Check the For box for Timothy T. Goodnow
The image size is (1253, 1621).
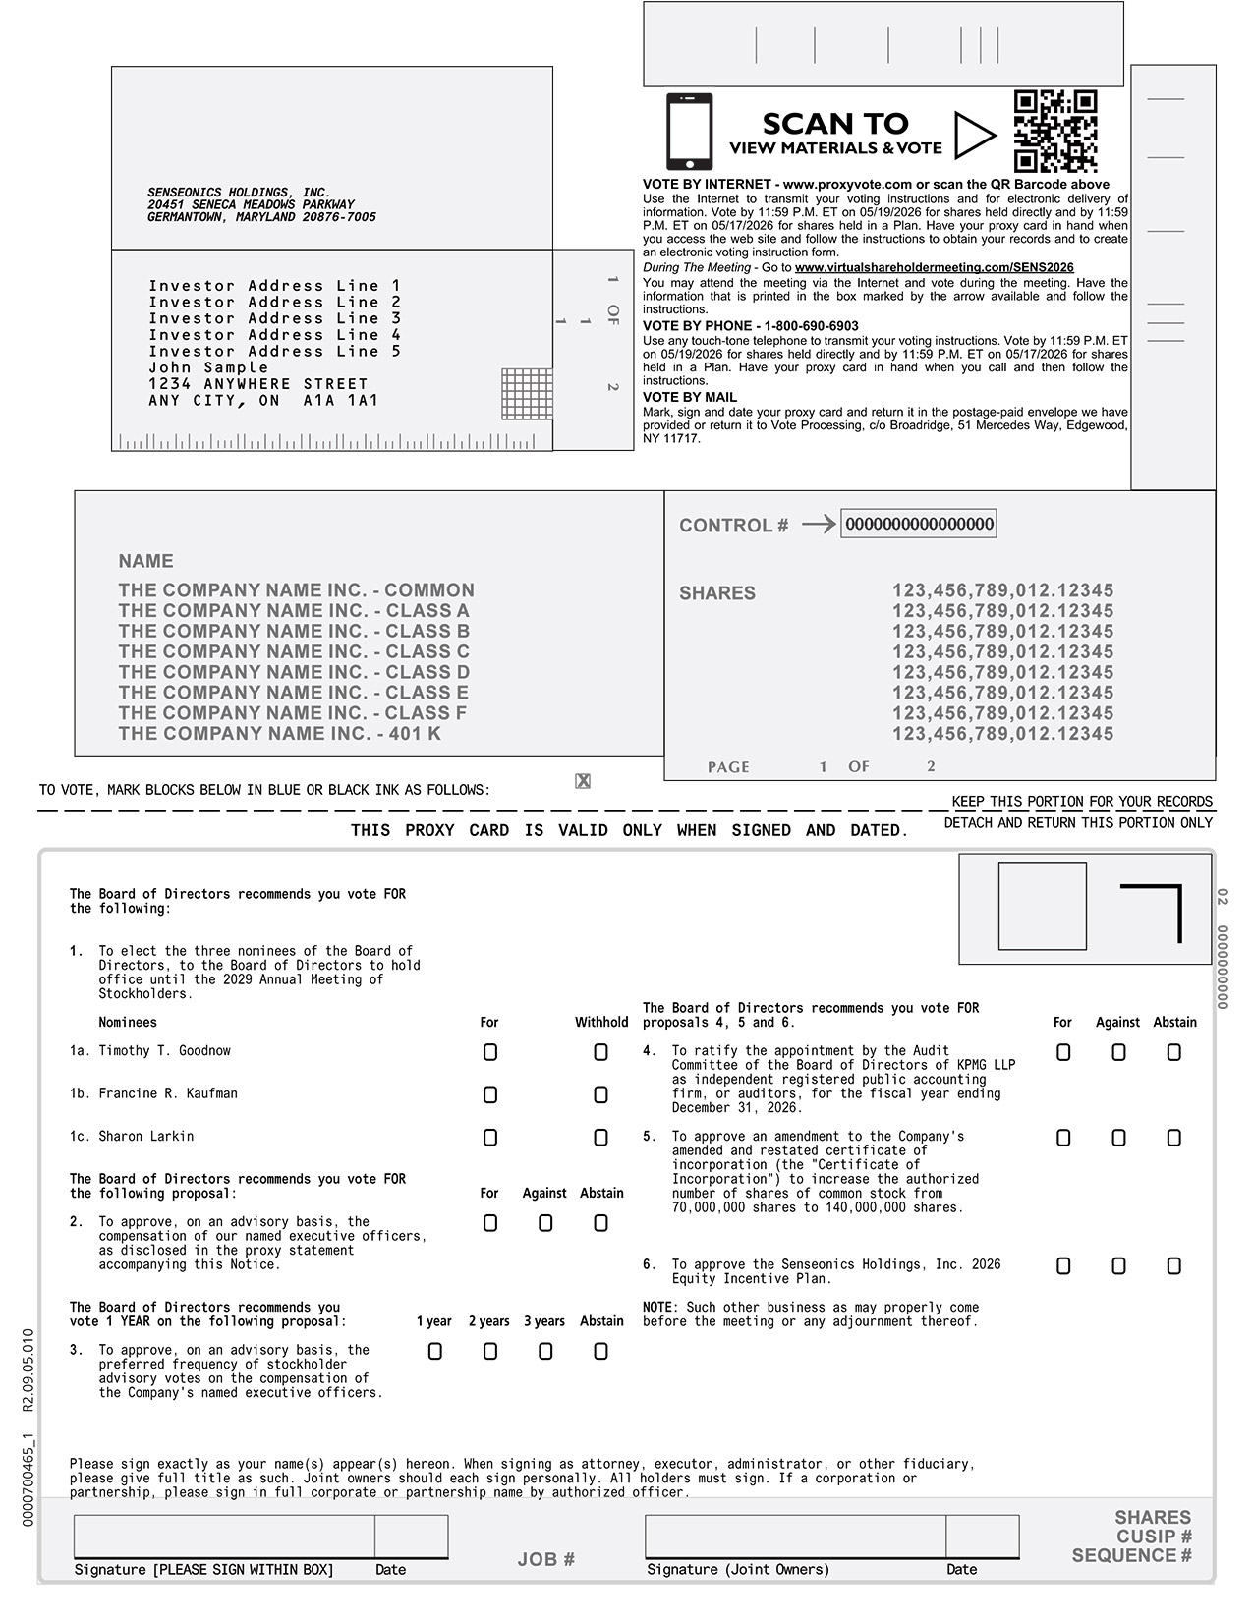coord(490,1052)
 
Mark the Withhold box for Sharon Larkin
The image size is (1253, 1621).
coord(600,1138)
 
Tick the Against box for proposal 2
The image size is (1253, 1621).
coord(545,1223)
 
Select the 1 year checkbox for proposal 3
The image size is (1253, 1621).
coord(435,1352)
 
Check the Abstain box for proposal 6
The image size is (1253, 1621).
coord(1173,1266)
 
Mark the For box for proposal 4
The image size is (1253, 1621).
coord(1063,1052)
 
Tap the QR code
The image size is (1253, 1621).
coord(1055,131)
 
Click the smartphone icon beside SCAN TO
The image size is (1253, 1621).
coord(689,132)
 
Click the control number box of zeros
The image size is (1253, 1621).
coord(919,524)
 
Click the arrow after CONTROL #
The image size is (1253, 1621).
coord(818,525)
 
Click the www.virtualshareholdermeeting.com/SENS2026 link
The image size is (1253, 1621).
coord(934,267)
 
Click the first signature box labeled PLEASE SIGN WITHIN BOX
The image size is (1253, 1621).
coord(224,1537)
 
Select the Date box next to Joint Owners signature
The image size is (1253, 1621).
coord(982,1537)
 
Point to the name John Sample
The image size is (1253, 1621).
coord(208,367)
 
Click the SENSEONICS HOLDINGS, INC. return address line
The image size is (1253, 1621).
coord(239,193)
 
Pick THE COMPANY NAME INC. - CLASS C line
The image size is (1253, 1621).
coord(294,651)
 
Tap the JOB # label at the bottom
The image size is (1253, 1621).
coord(545,1559)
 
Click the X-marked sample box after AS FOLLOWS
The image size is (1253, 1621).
coord(583,781)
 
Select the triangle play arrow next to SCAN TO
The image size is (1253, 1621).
coord(973,136)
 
